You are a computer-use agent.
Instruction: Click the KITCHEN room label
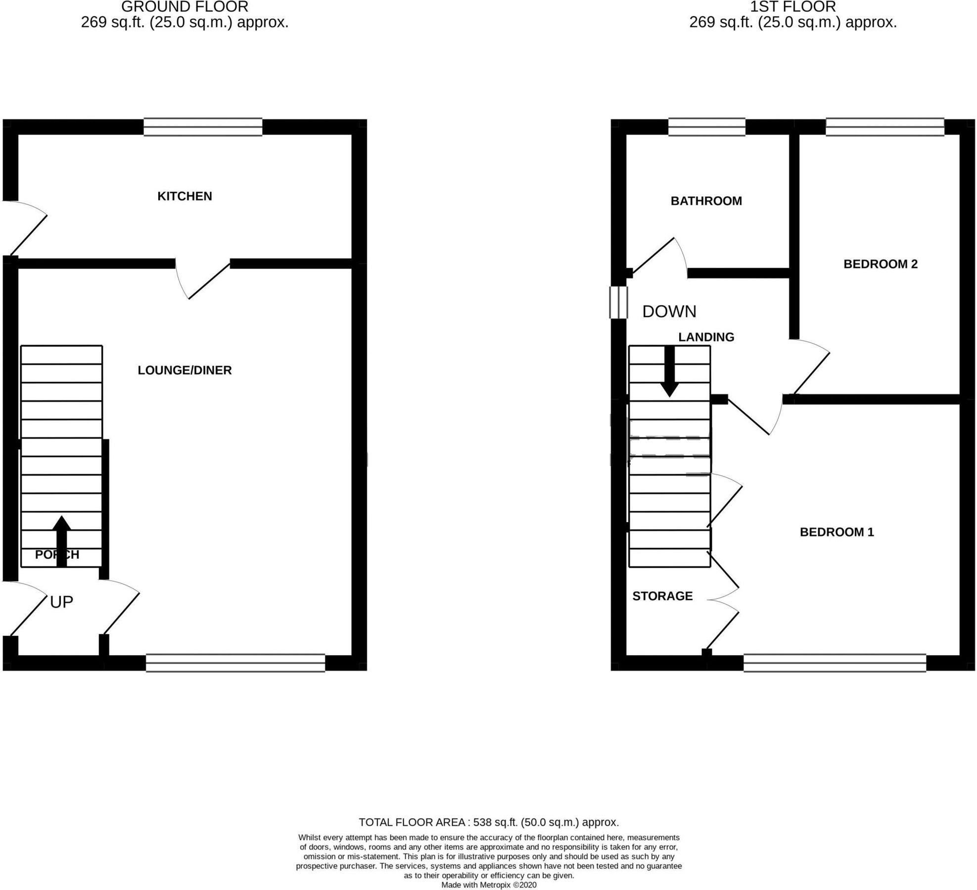tap(185, 196)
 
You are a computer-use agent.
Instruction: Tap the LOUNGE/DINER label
tap(185, 370)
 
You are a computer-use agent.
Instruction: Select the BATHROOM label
tap(706, 201)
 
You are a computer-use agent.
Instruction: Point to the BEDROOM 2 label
tap(880, 264)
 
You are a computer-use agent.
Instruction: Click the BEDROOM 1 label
tap(837, 532)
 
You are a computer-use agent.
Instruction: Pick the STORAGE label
tap(662, 596)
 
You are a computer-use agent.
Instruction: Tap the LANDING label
tap(706, 337)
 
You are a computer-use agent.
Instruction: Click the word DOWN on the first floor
tap(669, 311)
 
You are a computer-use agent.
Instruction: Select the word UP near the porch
tap(61, 602)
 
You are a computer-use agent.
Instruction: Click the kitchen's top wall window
tap(203, 127)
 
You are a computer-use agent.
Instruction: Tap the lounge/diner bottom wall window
tap(235, 663)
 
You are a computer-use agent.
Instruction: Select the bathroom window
tap(706, 127)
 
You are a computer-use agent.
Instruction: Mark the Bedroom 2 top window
tap(884, 127)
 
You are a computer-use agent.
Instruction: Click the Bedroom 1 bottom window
tap(835, 663)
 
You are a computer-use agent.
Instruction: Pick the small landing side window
tap(618, 303)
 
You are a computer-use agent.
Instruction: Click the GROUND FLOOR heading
tap(185, 7)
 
